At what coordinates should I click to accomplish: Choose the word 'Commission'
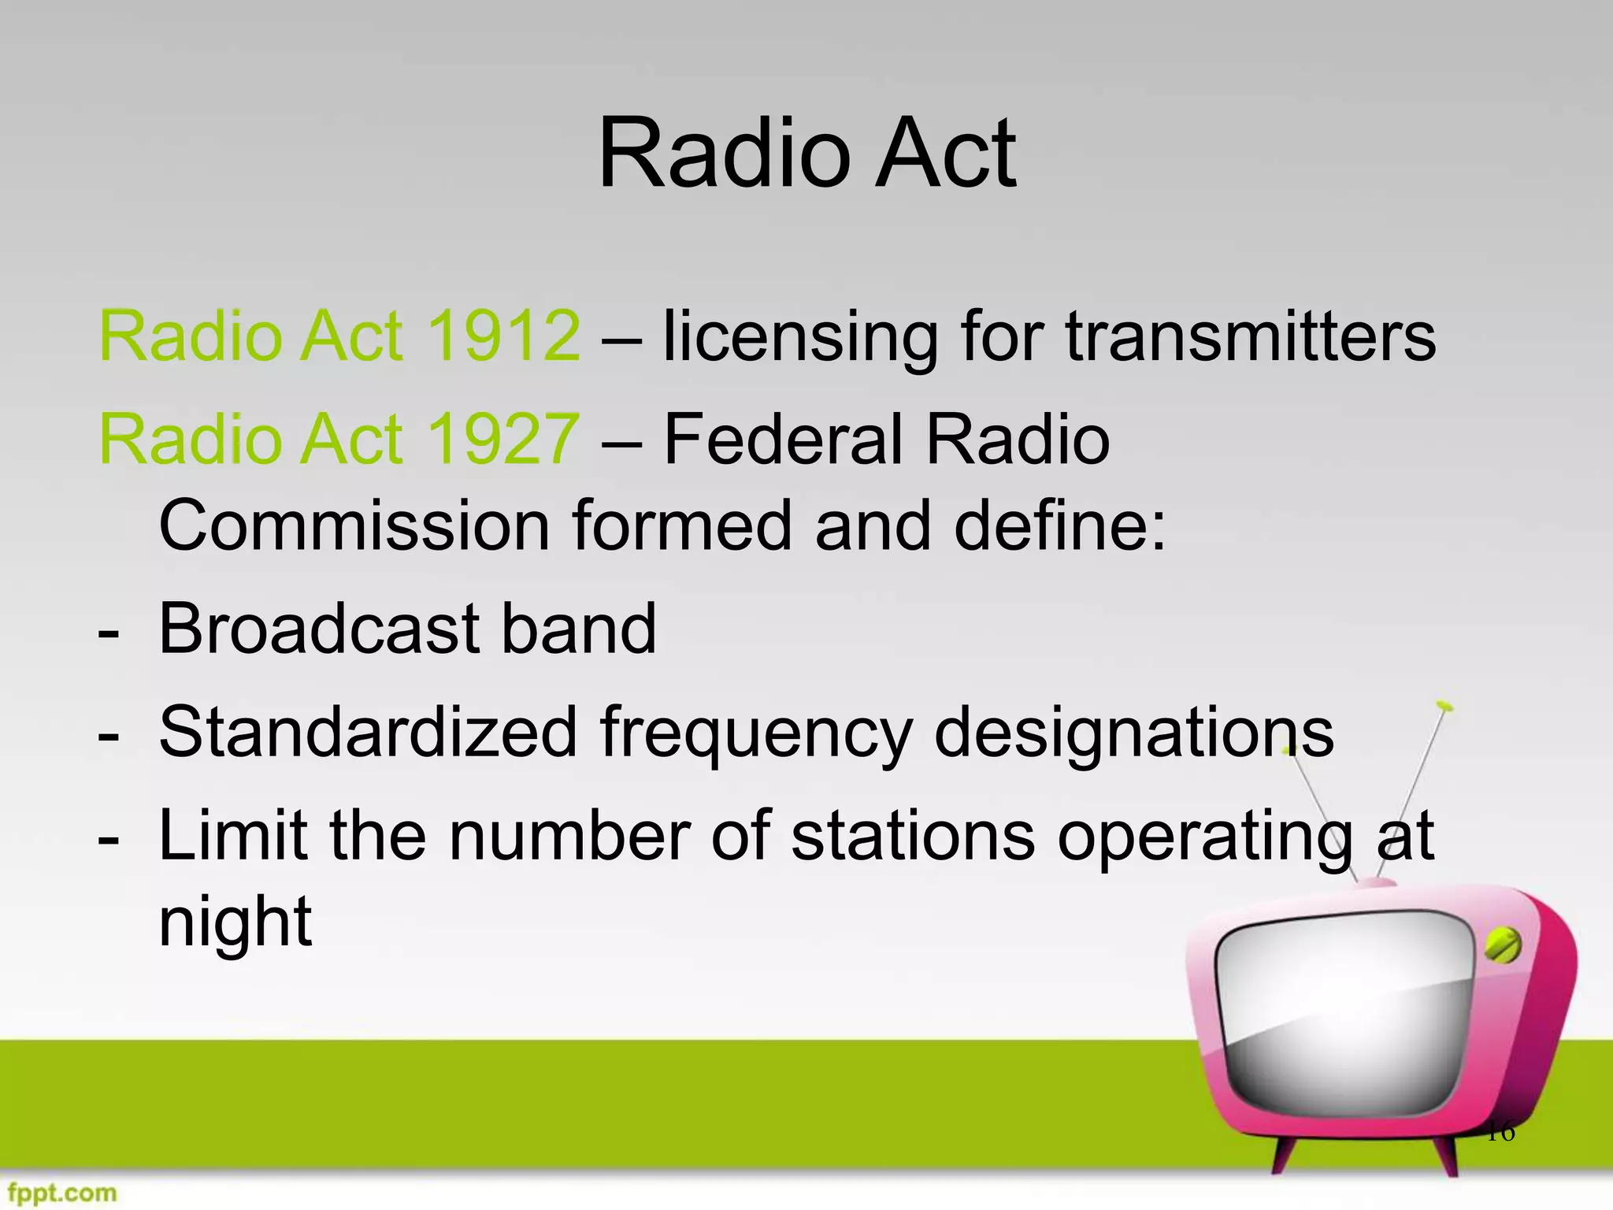click(354, 525)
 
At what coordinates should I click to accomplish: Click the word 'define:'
click(1060, 525)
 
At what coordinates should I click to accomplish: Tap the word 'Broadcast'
click(318, 629)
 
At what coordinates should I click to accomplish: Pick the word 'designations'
click(1134, 733)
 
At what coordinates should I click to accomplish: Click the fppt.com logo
click(60, 1193)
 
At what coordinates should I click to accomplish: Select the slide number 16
click(1500, 1132)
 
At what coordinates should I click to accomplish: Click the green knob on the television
click(1503, 945)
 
